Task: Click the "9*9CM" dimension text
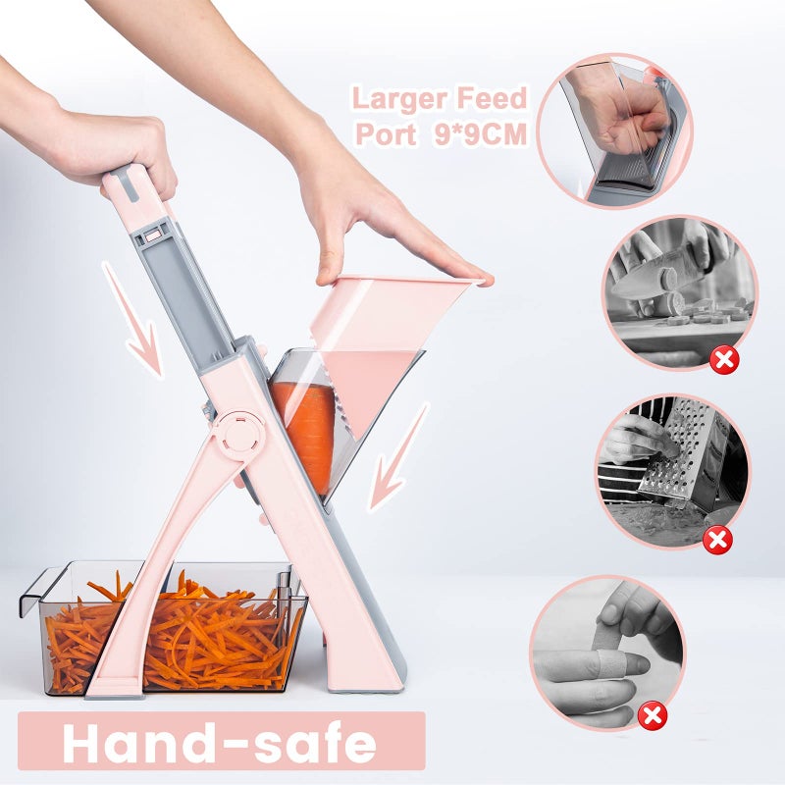481,134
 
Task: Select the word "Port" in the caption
386,134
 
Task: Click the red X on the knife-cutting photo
724,360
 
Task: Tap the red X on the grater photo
718,539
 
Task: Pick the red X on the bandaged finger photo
652,715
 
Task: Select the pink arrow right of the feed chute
397,458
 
